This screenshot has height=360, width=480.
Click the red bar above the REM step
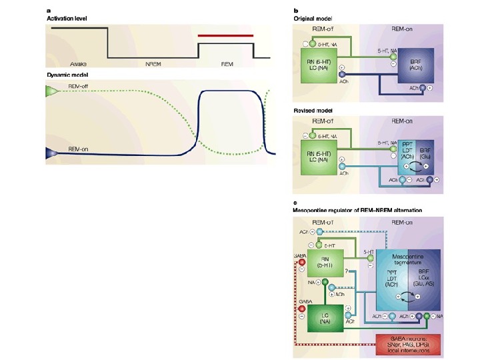(x=226, y=35)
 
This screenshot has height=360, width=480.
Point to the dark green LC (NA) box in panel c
(x=329, y=319)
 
